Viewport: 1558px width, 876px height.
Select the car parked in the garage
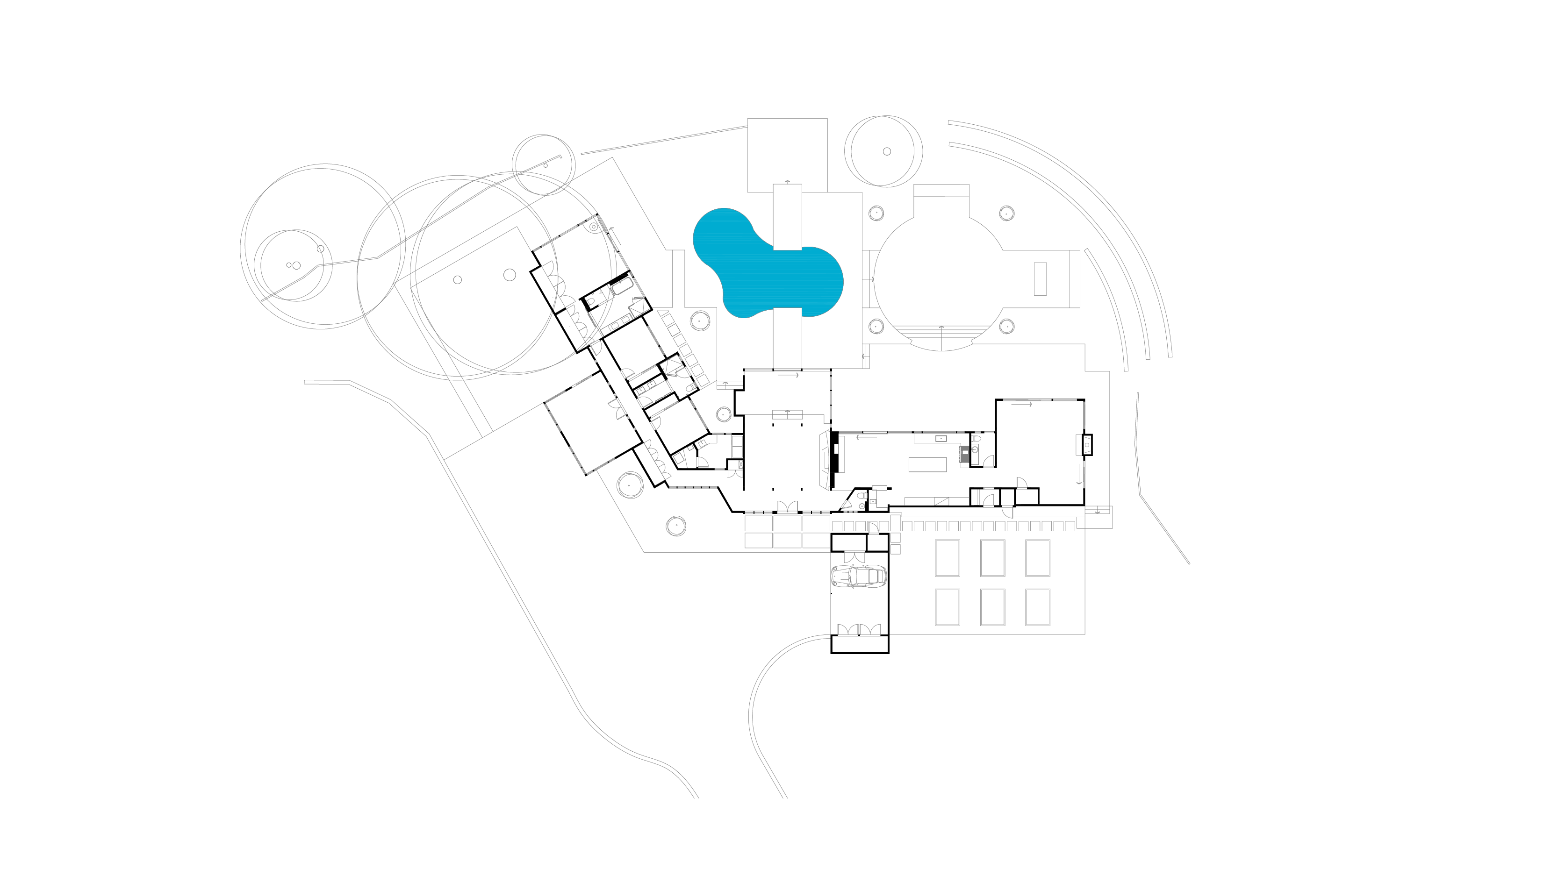tap(858, 577)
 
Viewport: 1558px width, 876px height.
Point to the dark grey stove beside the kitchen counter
tap(963, 454)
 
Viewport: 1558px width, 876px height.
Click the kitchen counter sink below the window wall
tap(941, 438)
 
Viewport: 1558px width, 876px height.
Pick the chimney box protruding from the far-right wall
tap(1087, 445)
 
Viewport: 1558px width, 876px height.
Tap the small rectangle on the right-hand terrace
tap(1040, 279)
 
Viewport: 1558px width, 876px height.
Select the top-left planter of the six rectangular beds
tap(947, 558)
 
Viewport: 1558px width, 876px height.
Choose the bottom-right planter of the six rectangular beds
tap(1037, 607)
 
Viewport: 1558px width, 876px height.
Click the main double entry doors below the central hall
tap(787, 506)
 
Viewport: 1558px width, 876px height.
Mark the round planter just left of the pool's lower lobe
tap(700, 320)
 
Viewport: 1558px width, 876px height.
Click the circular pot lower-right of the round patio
tap(1006, 327)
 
